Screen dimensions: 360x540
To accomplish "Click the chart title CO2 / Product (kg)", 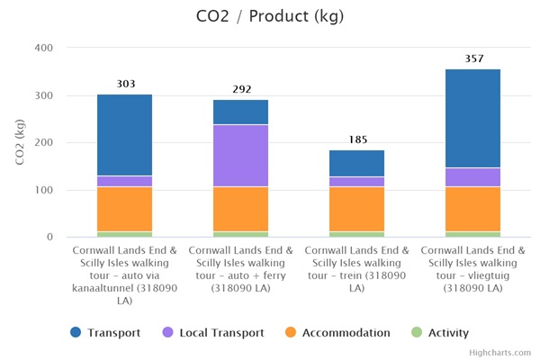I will [x=270, y=16].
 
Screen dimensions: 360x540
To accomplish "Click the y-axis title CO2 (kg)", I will [x=21, y=142].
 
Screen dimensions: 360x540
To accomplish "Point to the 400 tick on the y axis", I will [x=44, y=48].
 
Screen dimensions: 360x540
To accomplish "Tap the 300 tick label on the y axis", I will [x=44, y=95].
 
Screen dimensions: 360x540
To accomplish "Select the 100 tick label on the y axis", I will [x=44, y=190].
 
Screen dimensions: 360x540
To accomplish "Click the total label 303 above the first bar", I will [x=125, y=84].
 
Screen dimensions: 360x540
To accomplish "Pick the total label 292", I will [x=241, y=89].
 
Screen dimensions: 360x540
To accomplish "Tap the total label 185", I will [x=357, y=139].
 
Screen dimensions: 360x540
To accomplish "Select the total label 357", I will [x=473, y=58].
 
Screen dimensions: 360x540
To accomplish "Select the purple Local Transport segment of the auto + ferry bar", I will [x=241, y=155].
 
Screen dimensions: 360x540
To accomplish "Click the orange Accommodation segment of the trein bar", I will [x=357, y=209].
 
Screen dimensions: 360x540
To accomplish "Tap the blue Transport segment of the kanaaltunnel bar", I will [x=125, y=135].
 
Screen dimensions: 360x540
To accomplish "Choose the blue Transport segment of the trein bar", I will [x=357, y=163].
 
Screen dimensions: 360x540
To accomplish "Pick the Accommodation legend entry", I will [x=337, y=332].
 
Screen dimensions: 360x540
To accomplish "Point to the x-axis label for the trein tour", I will [x=357, y=269].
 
